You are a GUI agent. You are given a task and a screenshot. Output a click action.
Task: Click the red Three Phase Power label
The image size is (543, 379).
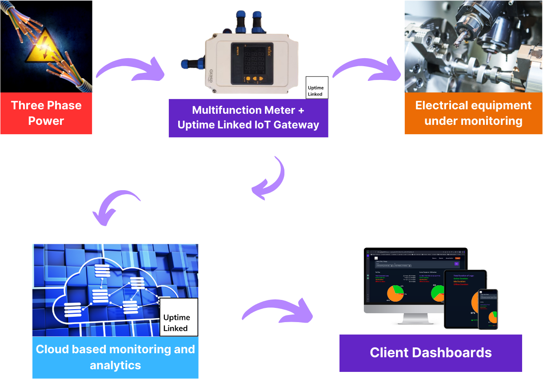tap(46, 113)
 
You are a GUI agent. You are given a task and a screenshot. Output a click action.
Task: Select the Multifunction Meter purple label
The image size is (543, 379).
tap(248, 118)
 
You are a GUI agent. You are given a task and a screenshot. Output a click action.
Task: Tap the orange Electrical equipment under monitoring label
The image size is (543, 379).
tap(473, 113)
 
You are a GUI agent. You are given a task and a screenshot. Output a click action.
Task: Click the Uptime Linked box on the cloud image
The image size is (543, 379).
tap(178, 317)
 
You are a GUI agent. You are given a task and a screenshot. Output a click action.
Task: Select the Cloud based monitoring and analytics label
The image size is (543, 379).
tap(115, 357)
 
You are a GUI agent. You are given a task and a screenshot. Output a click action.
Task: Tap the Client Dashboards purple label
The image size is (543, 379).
tap(431, 353)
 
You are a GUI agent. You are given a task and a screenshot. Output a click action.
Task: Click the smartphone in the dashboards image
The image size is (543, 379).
tap(487, 309)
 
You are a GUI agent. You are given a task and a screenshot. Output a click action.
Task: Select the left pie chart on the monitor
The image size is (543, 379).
tap(395, 294)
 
